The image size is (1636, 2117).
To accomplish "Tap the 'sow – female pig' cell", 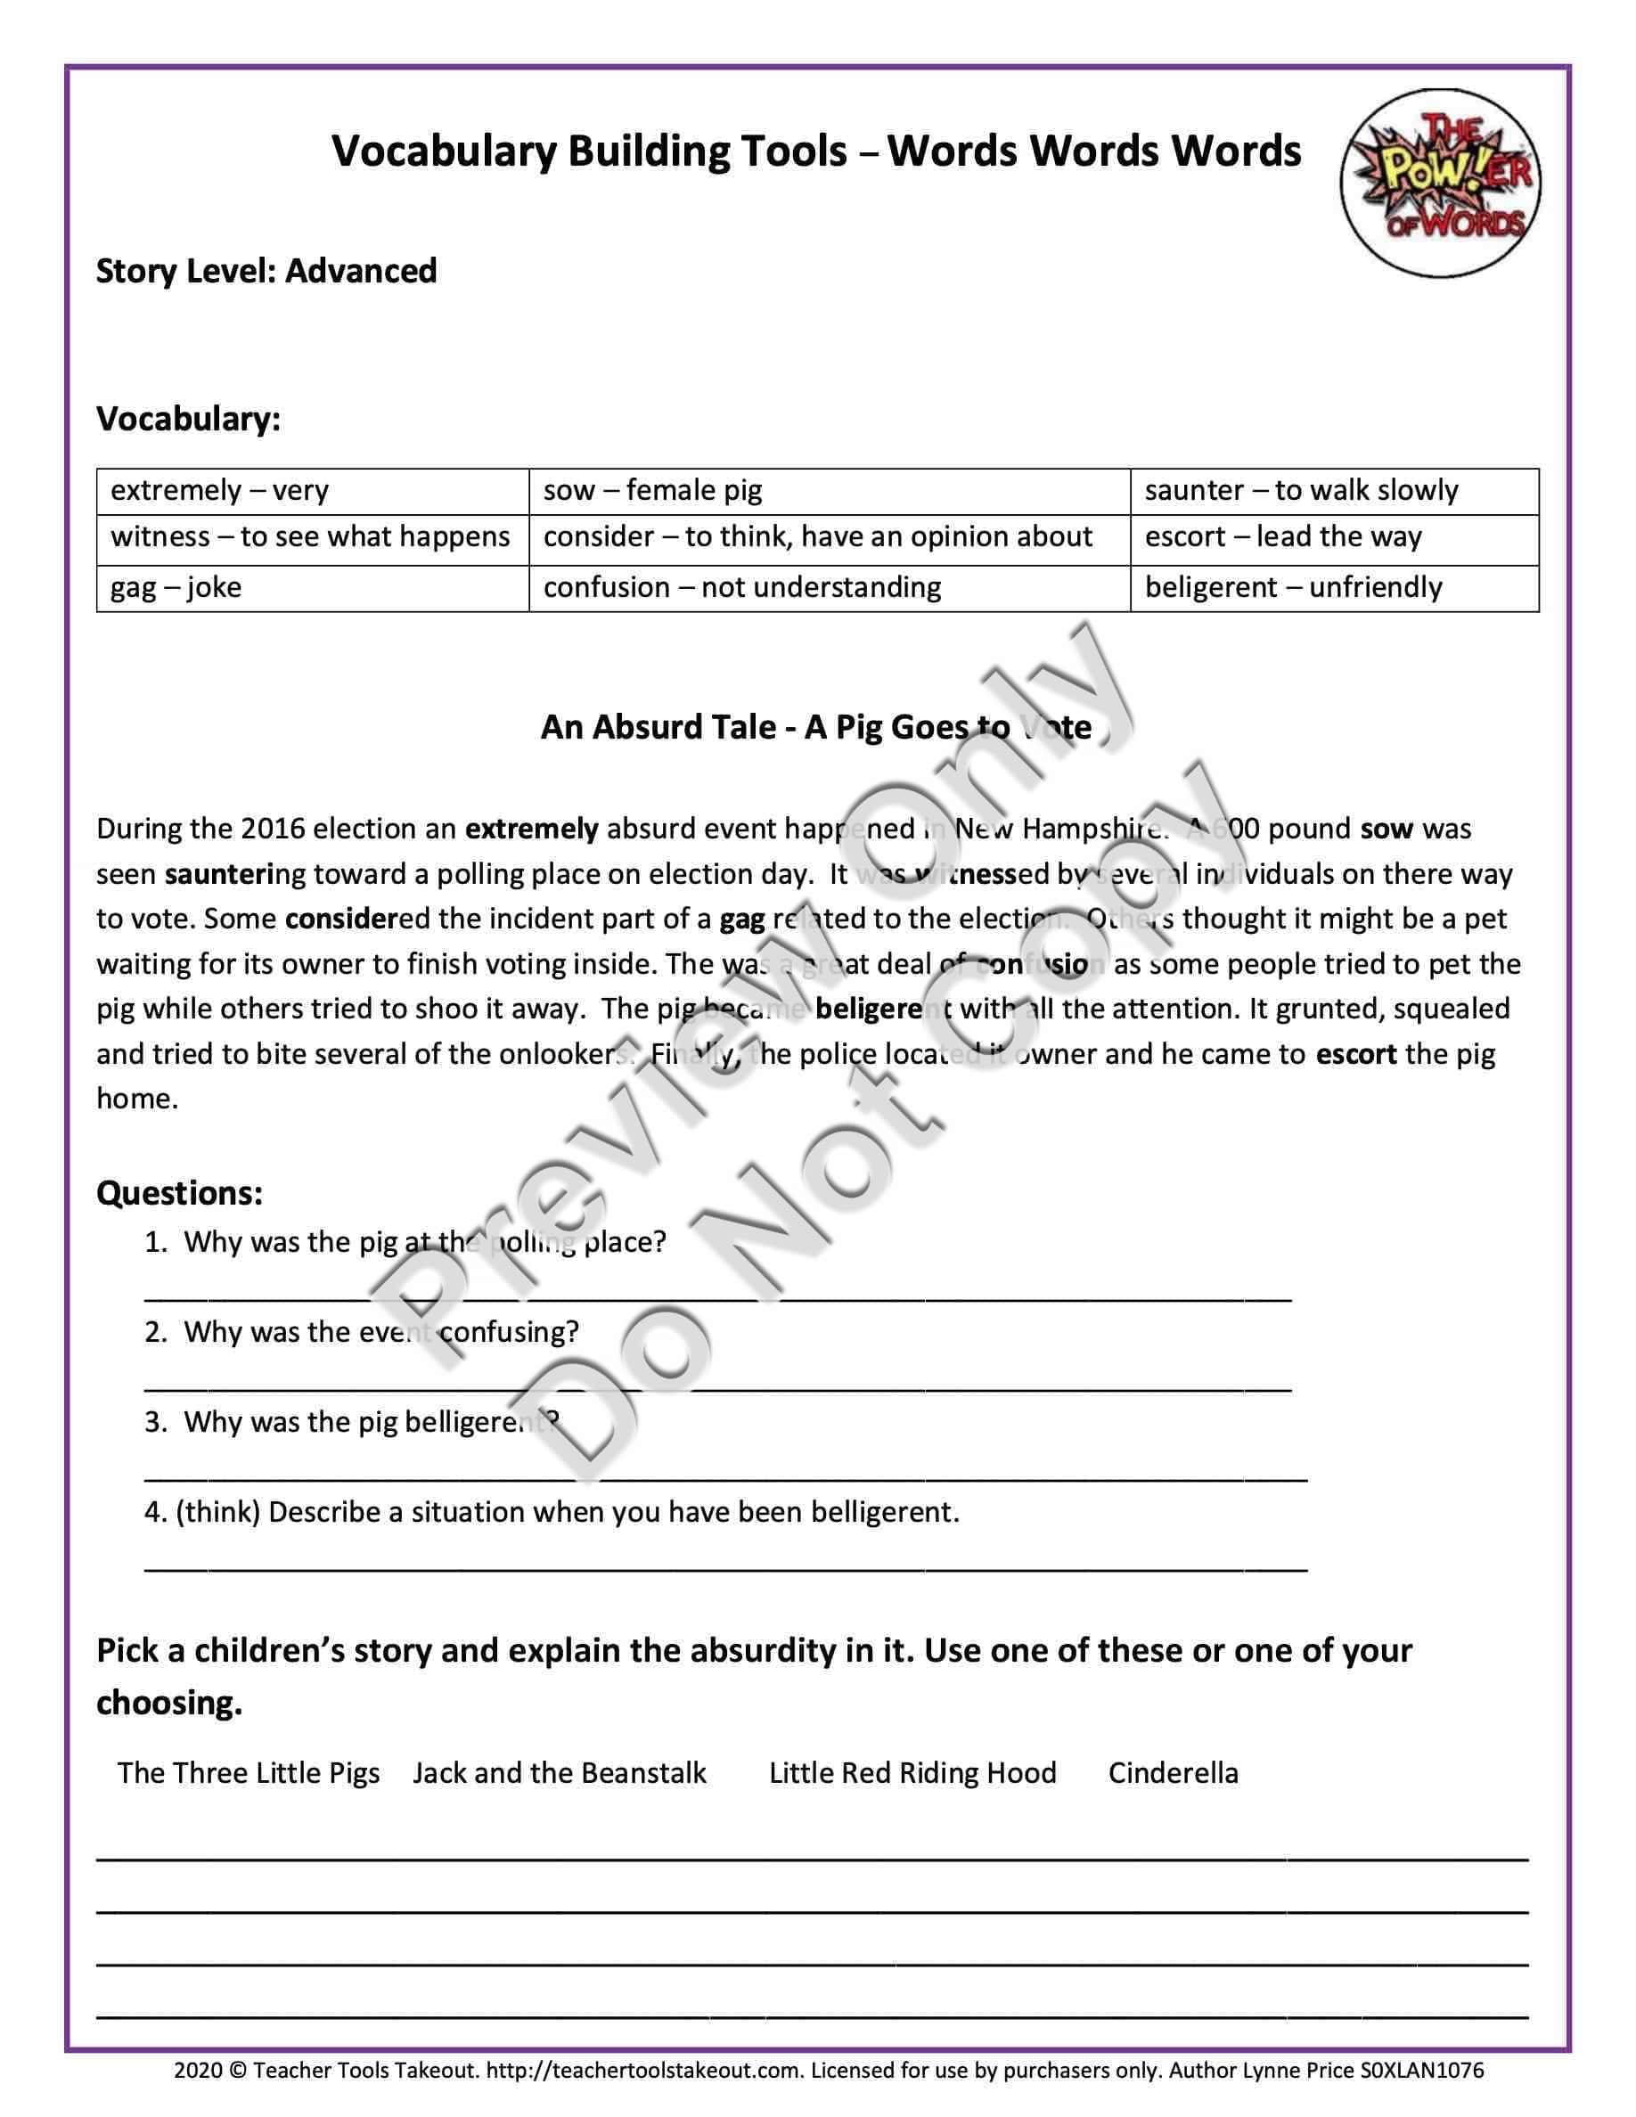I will tap(652, 490).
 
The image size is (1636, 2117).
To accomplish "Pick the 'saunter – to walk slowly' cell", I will tap(1301, 490).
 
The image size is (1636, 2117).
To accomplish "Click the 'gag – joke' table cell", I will tap(176, 587).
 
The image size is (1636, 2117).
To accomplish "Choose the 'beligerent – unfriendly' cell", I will tap(1293, 587).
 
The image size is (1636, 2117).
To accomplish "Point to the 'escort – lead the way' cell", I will tap(1282, 537).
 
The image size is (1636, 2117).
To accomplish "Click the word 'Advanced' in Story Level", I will tap(361, 272).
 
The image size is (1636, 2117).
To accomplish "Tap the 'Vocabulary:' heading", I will tap(188, 419).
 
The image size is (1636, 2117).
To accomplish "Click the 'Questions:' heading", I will tap(179, 1192).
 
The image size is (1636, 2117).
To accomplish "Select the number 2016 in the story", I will tap(273, 829).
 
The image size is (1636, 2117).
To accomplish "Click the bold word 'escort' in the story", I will tap(1356, 1054).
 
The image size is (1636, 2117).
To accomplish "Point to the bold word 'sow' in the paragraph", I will tap(1387, 829).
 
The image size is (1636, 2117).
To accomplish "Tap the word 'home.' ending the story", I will tap(136, 1099).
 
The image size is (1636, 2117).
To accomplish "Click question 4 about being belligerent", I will tap(552, 1512).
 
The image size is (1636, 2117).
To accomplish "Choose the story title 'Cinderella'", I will tap(1173, 1773).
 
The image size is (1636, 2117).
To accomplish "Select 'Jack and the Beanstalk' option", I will tap(560, 1773).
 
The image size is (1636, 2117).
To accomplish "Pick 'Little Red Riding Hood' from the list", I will tap(912, 1773).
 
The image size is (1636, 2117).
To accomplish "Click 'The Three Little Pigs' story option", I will tap(249, 1773).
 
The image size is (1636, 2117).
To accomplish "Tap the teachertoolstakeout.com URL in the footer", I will tap(644, 2072).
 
